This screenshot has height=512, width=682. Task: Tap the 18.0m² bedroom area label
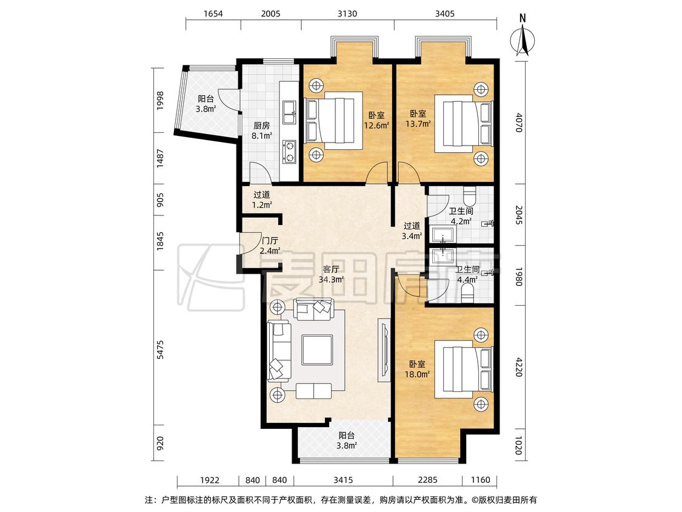pos(418,369)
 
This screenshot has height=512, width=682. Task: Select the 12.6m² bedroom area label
pos(376,120)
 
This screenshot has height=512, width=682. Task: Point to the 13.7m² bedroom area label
pos(418,118)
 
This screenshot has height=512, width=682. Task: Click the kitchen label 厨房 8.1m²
pos(262,130)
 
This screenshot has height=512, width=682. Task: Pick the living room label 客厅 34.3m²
pos(332,274)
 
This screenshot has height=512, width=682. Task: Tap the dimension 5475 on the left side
pos(161,349)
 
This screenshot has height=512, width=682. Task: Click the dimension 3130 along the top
pos(347,13)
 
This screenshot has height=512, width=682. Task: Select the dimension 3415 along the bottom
pos(343,480)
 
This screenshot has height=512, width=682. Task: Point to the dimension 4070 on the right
pos(518,123)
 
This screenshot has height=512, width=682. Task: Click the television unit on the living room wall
pos(384,350)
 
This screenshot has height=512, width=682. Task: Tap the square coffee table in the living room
pos(318,349)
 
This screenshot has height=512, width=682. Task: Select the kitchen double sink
pos(289,112)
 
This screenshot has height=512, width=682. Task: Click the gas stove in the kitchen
pos(289,152)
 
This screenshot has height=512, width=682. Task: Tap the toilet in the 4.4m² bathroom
pos(467,294)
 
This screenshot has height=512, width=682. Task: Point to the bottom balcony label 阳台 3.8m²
pos(347,440)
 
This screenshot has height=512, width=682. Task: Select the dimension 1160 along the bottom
pos(480,480)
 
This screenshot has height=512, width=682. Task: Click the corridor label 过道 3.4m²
pos(412,231)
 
